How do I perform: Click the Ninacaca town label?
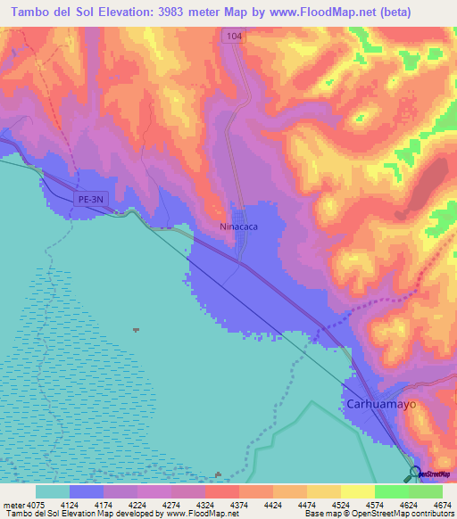tap(240, 227)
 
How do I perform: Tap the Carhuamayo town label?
tap(380, 403)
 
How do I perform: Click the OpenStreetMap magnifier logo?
tap(415, 474)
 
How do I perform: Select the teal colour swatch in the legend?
tap(53, 491)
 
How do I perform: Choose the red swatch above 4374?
tap(222, 491)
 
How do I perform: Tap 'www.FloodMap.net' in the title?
tap(337, 11)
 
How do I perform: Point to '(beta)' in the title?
tap(423, 11)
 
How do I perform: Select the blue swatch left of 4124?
tap(87, 491)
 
